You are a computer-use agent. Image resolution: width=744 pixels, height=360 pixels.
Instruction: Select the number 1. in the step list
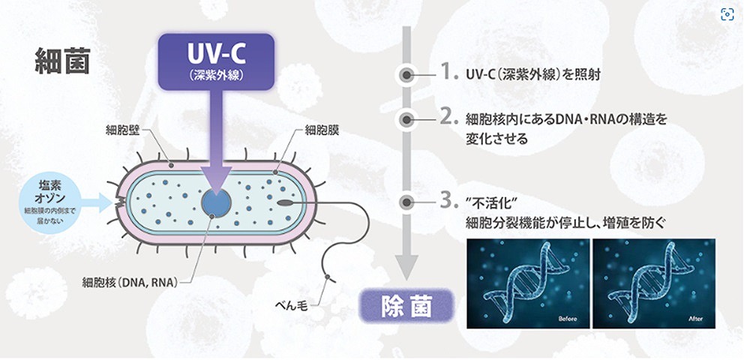448,73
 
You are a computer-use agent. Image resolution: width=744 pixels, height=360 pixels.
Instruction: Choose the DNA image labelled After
654,283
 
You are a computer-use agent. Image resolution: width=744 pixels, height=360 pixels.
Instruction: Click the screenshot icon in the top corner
727,14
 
